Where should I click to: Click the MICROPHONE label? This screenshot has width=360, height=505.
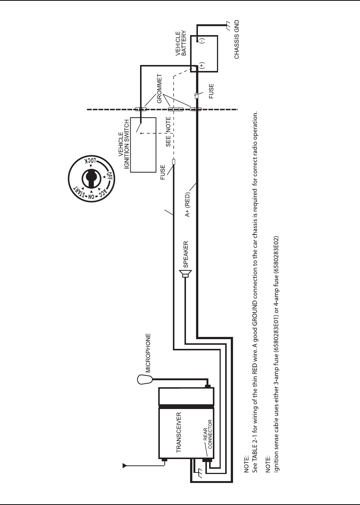tap(148, 353)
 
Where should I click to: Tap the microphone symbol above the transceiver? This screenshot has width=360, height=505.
tap(145, 379)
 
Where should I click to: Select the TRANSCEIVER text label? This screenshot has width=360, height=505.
tap(179, 433)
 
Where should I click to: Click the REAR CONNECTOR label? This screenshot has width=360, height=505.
tap(208, 434)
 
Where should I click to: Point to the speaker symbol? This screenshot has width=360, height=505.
tap(185, 274)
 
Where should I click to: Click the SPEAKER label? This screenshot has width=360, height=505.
tap(186, 254)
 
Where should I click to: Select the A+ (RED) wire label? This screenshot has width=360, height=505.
tap(187, 204)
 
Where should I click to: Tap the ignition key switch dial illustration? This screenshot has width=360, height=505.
tap(91, 179)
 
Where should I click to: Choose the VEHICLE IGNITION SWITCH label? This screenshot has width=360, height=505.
tap(124, 144)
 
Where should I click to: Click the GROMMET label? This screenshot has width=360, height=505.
tap(160, 89)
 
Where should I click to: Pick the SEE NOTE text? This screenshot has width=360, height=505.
tap(168, 131)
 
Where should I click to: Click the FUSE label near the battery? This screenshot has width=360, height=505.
tap(211, 91)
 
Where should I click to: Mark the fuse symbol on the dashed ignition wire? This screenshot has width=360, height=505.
tap(174, 162)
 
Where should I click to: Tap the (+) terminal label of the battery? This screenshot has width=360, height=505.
tap(202, 66)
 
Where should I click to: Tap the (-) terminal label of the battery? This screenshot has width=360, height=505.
tap(202, 40)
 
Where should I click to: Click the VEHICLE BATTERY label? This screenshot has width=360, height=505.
tap(181, 44)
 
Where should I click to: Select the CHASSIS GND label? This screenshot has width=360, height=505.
tap(237, 40)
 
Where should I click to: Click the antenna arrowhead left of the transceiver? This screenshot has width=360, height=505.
tap(125, 465)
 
